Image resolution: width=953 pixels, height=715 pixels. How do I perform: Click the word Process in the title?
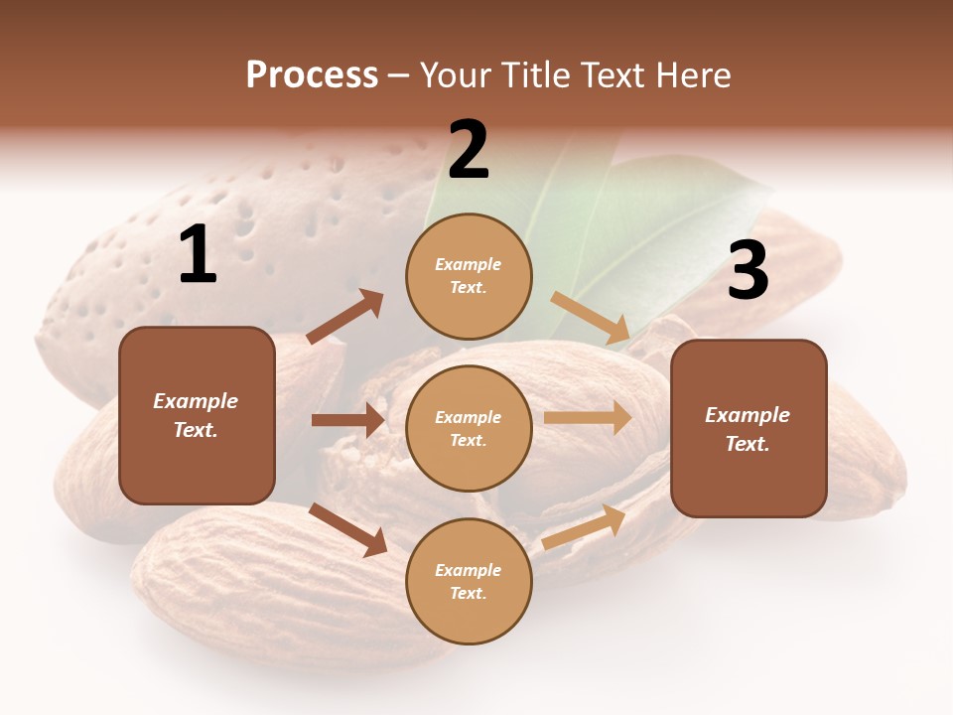[x=312, y=75]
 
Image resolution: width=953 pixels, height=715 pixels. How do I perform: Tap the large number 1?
[x=198, y=255]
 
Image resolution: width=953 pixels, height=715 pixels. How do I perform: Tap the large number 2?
[x=469, y=150]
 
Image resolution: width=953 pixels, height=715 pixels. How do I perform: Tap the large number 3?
[x=748, y=271]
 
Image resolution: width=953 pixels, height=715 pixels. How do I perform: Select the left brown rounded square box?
[x=197, y=415]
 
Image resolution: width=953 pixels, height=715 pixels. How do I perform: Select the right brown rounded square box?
[x=749, y=428]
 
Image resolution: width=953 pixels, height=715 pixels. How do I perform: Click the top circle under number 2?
[x=469, y=276]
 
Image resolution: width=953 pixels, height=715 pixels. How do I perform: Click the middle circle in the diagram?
[x=469, y=428]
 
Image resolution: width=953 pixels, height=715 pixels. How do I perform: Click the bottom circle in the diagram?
[x=469, y=581]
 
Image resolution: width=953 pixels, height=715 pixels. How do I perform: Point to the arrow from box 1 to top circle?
[x=345, y=317]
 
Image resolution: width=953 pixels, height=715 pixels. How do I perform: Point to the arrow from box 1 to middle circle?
[x=347, y=420]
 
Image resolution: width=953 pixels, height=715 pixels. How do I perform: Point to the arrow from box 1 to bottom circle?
[x=348, y=529]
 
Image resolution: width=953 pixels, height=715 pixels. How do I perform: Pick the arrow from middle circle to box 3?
[x=588, y=418]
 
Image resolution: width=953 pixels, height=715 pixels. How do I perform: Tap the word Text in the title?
[x=610, y=75]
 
